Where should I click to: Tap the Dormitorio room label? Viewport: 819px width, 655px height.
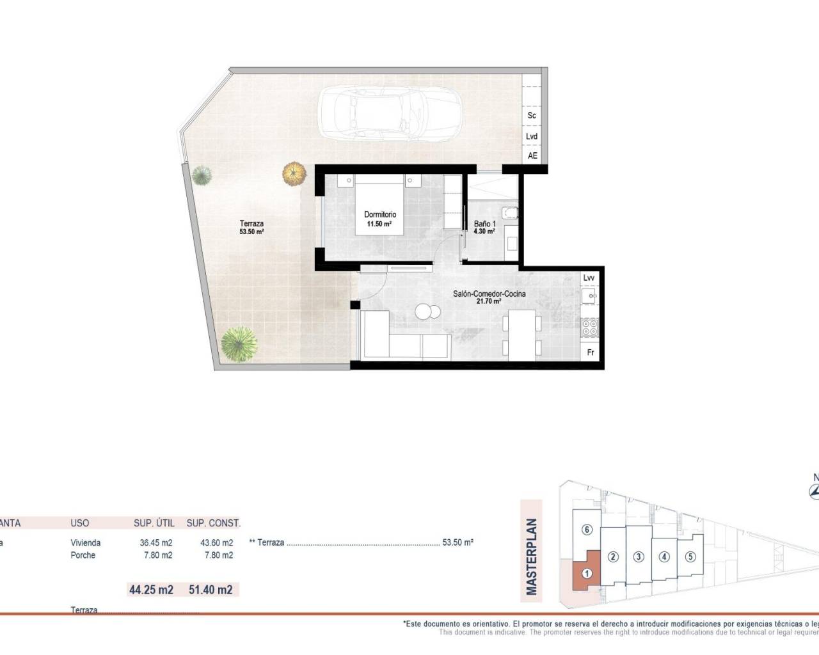tap(380, 219)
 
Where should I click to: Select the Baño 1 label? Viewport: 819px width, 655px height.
tap(484, 227)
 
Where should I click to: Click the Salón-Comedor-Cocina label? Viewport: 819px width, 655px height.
tap(489, 297)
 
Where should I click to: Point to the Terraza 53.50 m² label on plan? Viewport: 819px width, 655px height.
tap(251, 227)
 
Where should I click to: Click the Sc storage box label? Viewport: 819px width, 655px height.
tap(531, 116)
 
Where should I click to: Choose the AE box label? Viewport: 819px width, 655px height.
tap(532, 155)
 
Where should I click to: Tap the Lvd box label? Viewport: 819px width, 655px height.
tap(531, 136)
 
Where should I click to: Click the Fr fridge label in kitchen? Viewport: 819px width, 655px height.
tap(590, 352)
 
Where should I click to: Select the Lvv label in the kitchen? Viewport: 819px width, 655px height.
tap(589, 278)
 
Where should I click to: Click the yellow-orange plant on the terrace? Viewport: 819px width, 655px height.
tap(293, 173)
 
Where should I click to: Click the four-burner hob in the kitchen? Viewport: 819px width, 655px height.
tap(589, 328)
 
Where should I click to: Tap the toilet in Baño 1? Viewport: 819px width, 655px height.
tap(510, 212)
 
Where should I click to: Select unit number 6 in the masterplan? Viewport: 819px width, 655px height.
tap(587, 530)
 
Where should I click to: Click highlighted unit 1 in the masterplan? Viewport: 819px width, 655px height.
tap(586, 574)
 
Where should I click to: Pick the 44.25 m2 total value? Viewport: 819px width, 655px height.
tap(151, 590)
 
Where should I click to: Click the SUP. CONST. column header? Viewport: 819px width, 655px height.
tap(213, 523)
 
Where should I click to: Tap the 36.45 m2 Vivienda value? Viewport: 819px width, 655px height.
tap(156, 542)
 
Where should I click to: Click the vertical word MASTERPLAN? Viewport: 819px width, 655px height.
tap(532, 556)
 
